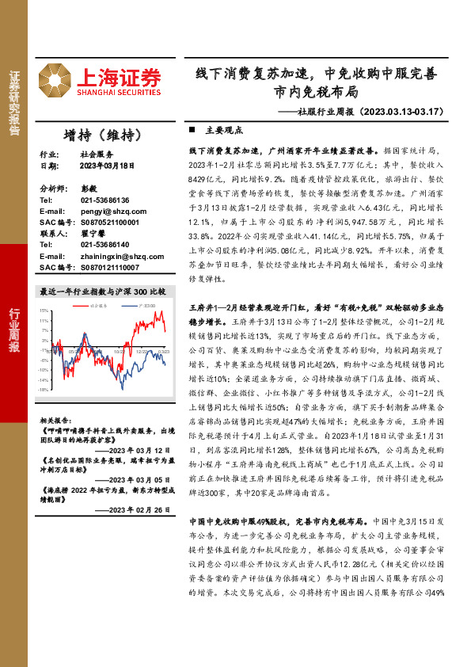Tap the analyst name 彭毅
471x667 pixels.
(87, 190)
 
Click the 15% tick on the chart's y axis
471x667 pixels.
(44, 311)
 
